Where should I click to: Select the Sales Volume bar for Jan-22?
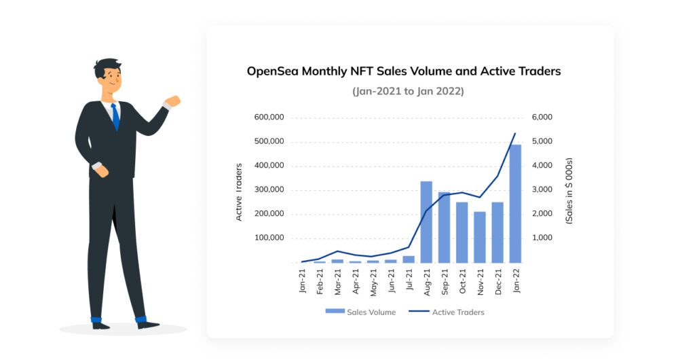tap(515, 204)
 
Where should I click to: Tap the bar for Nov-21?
tap(480, 237)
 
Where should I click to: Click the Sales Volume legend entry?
tap(360, 312)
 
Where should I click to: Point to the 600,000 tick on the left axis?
tap(269, 117)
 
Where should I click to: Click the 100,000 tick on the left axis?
tap(269, 238)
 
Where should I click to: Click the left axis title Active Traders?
tap(239, 192)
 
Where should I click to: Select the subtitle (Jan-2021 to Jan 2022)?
tap(407, 91)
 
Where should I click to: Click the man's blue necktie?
tap(115, 117)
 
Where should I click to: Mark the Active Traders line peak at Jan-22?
tap(515, 133)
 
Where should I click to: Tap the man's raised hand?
tap(173, 102)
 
